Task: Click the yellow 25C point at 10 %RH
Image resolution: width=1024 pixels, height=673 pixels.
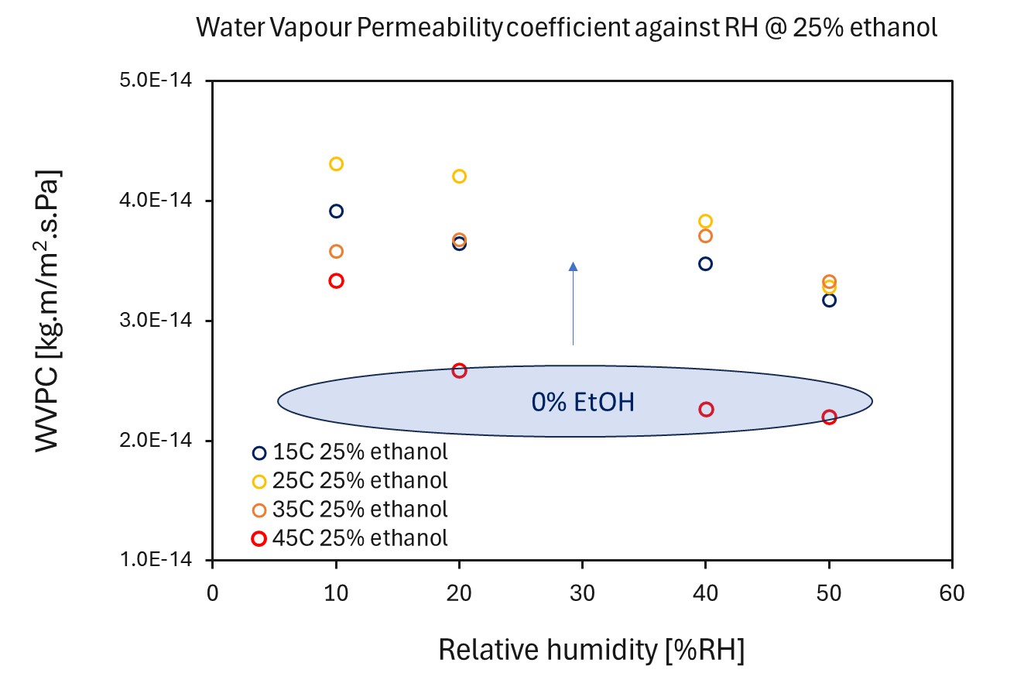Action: tap(336, 163)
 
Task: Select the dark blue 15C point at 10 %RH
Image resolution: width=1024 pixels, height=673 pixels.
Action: tap(336, 211)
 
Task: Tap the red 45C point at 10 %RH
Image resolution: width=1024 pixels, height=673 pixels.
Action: tap(336, 280)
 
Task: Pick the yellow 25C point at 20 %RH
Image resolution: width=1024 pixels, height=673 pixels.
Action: tap(459, 176)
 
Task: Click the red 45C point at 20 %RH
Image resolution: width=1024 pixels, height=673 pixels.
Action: tap(459, 370)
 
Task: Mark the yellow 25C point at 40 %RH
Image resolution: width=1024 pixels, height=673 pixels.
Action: tap(705, 221)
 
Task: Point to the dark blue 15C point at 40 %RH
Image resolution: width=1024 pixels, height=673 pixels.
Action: tap(705, 263)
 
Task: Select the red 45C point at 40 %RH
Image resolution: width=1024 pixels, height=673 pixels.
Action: tap(706, 409)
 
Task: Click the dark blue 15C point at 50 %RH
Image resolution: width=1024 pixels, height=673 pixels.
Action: tap(829, 300)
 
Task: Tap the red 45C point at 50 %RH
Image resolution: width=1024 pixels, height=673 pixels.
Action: tap(829, 417)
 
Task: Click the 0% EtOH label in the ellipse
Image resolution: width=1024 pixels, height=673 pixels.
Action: tap(582, 402)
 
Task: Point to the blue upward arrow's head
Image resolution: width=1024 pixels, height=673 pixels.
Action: tap(573, 266)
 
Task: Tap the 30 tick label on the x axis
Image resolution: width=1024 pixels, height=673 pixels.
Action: tap(582, 593)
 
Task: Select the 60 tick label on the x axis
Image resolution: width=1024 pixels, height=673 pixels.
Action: tap(951, 593)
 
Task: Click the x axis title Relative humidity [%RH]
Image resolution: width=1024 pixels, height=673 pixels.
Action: tap(591, 650)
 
